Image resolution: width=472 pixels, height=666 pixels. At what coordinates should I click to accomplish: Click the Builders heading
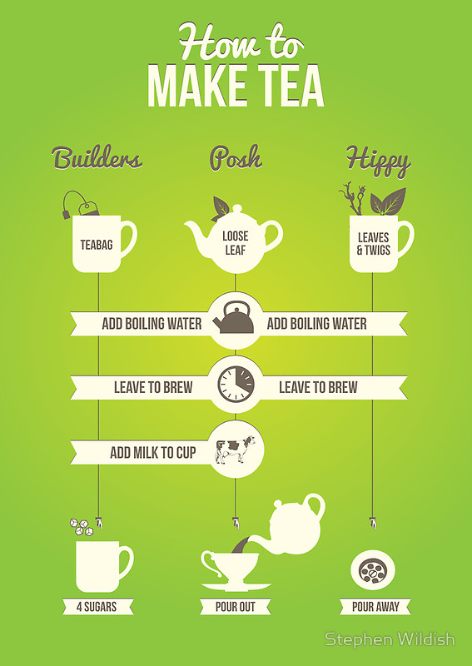point(97,157)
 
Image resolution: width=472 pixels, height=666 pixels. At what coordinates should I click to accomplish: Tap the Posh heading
point(236,158)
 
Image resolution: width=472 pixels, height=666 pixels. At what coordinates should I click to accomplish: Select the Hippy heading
point(378,160)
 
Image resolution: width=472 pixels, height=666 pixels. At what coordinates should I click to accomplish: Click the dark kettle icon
point(234,318)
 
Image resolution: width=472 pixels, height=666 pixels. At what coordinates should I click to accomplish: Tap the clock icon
point(236,385)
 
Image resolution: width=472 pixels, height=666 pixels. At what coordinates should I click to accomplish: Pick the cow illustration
point(236,449)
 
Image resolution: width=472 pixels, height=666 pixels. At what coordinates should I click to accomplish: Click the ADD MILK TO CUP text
point(153,453)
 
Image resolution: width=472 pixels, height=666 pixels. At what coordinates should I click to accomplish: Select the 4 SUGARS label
point(97,607)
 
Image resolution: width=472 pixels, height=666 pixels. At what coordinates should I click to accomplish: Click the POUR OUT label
point(236,607)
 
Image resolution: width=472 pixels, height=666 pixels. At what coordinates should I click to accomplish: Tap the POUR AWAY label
point(375,607)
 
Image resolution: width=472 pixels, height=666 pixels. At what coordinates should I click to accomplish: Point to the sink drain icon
point(373,570)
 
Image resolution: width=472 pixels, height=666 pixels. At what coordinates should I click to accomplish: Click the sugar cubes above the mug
point(82,527)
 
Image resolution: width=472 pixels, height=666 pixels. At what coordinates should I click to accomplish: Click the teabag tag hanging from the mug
point(88,208)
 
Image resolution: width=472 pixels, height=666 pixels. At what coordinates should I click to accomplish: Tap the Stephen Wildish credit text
point(390,639)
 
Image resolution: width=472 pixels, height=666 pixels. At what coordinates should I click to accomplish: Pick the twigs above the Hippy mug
point(353,198)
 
